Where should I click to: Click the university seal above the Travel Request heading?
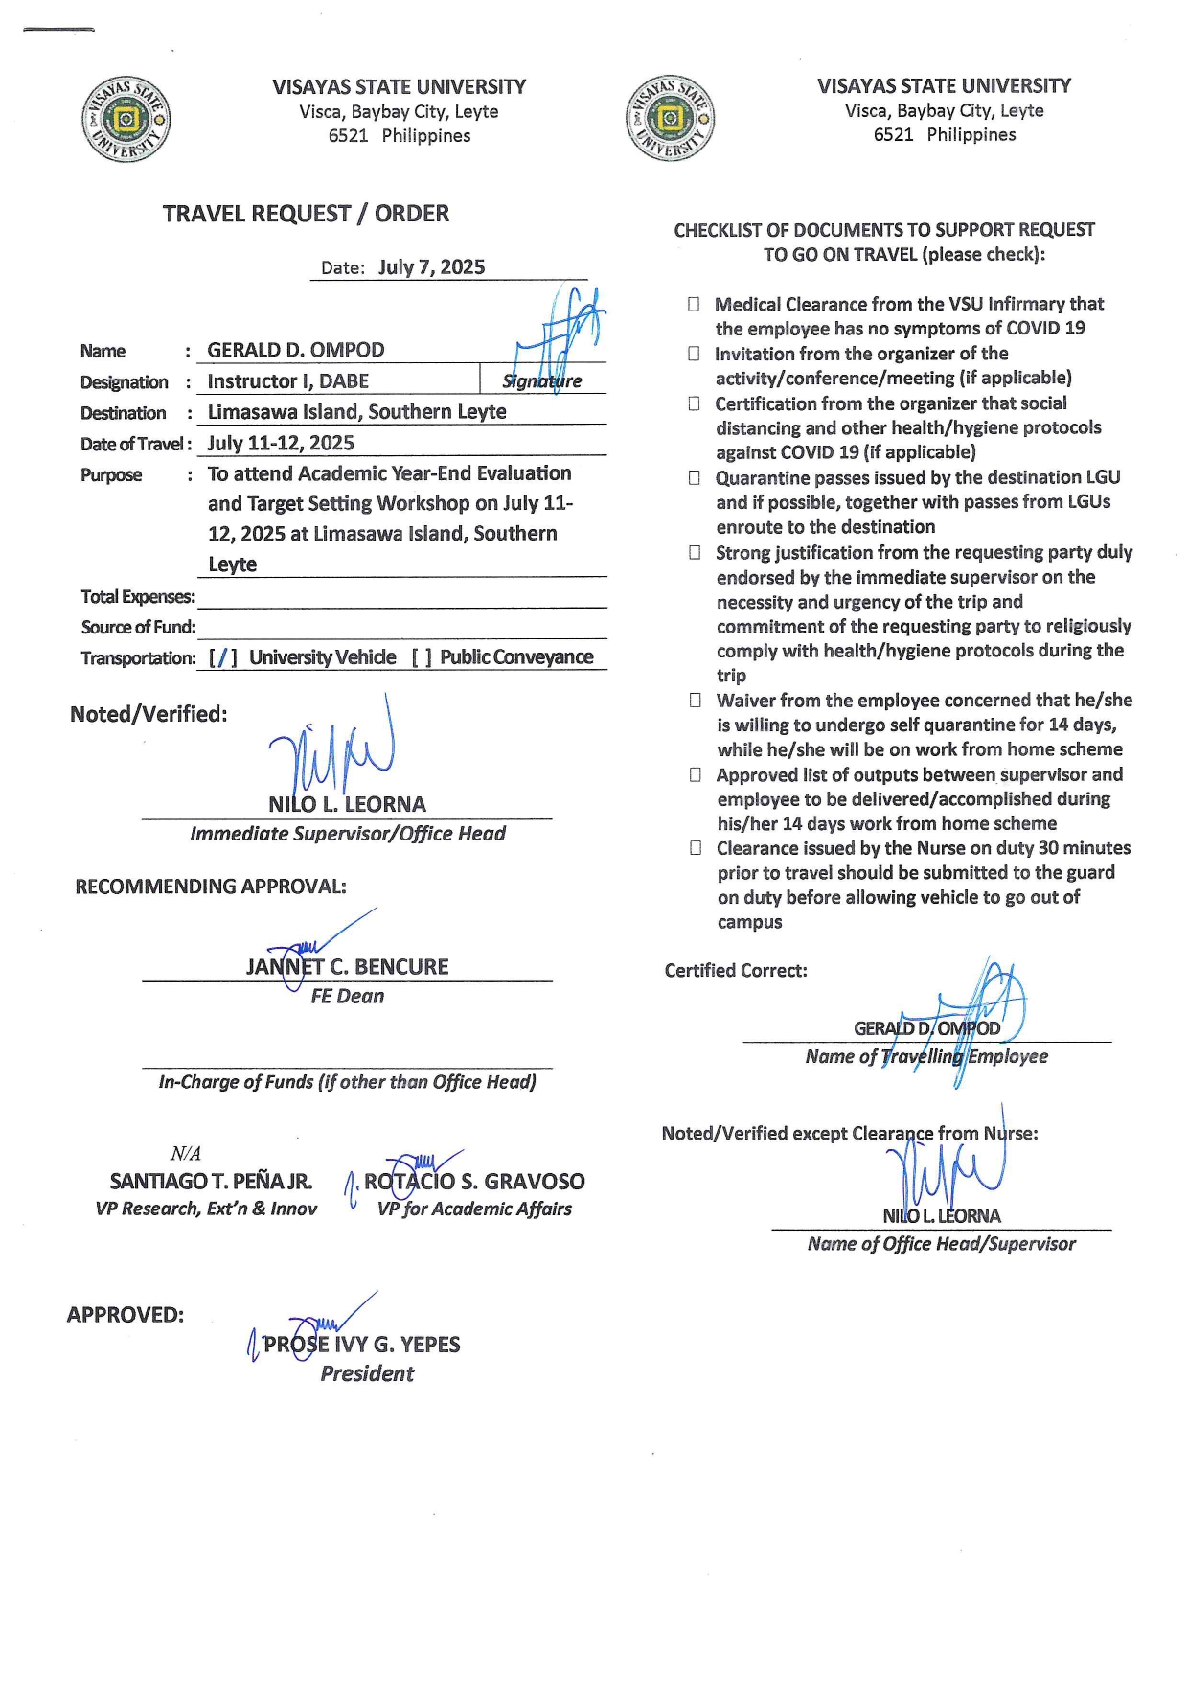126,120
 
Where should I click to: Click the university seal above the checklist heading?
671,119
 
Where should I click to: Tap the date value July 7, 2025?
431,267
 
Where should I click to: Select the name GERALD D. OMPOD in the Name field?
296,350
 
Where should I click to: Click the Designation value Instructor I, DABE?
287,381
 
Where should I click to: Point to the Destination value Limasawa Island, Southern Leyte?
356,412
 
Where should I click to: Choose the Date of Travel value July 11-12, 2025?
281,443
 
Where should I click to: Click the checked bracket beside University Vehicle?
223,657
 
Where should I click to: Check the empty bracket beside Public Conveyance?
422,657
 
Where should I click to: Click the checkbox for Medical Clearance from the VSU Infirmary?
694,304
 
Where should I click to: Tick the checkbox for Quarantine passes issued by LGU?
695,477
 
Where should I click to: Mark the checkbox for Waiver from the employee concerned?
695,701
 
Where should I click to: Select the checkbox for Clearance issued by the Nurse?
696,848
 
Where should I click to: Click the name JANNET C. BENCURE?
347,967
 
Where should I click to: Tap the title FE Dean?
347,997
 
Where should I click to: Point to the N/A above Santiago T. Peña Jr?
186,1154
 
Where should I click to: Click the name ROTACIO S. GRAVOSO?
474,1182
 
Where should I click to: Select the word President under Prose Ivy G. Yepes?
367,1373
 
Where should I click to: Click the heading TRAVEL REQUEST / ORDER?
306,214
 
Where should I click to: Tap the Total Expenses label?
138,597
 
